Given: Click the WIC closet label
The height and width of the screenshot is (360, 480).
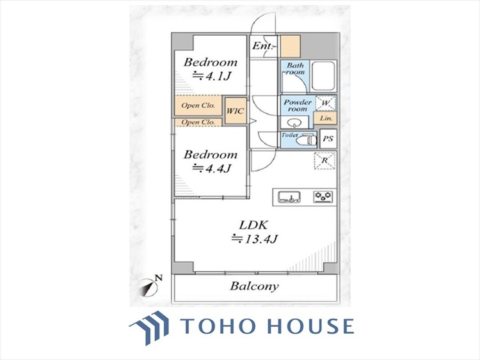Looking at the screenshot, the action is coord(235,111).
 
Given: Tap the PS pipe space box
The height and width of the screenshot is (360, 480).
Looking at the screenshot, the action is coord(328,139).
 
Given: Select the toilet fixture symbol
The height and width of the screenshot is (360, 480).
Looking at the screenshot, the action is coord(307,141).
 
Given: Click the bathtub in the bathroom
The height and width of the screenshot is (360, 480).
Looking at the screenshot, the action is coord(323,76).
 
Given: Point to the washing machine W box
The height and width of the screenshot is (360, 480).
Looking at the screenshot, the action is coord(325,103).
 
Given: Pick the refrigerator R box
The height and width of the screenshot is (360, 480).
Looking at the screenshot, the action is coord(324,160).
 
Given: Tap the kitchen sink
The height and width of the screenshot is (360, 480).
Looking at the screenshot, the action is coord(289,196).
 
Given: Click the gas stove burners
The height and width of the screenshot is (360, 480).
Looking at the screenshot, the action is coord(323,196).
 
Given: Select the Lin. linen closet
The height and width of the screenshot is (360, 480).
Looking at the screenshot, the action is coord(325,118).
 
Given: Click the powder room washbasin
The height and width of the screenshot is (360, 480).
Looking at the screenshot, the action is coord(294,123).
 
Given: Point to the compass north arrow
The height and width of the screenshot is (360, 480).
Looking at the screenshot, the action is coord(150,288).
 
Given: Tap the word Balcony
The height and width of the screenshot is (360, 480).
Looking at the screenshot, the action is coord(254,286).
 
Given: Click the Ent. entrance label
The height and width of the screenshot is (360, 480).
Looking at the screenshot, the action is coord(262,46).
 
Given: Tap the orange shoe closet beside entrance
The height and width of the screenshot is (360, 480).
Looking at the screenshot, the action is coord(290,47).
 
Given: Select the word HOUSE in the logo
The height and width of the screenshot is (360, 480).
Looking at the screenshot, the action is coord(310,325).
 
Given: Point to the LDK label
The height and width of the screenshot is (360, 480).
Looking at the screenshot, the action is coord(254,225).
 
